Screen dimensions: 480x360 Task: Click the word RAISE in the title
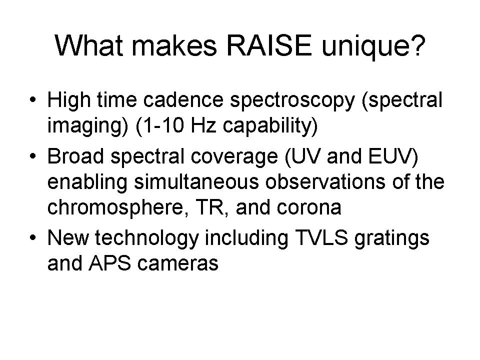[269, 45]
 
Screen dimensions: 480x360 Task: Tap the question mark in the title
[417, 45]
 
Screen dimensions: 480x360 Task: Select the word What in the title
[89, 45]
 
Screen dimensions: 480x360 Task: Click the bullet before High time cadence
[32, 100]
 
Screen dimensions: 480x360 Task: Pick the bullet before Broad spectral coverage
[32, 156]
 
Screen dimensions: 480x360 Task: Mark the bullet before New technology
[32, 237]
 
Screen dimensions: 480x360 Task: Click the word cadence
[183, 100]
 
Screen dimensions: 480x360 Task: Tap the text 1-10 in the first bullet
[163, 125]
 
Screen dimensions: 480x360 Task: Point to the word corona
[309, 207]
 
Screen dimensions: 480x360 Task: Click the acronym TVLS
[321, 237]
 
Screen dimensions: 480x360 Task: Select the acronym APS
[109, 263]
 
